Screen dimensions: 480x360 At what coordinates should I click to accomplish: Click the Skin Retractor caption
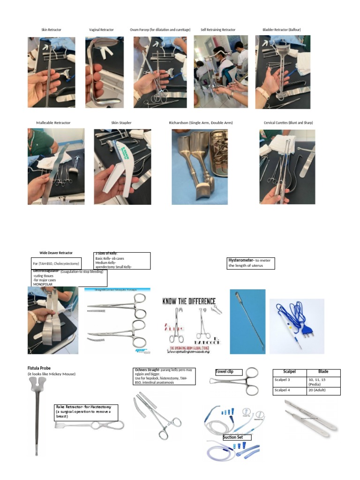(51, 30)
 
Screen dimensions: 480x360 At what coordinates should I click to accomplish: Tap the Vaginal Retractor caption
(101, 30)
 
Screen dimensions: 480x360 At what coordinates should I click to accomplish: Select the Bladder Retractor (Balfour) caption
(281, 30)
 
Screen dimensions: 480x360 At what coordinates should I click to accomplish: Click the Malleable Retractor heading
(53, 123)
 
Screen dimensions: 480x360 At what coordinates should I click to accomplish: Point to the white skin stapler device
(117, 169)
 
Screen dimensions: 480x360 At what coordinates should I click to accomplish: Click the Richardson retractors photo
(200, 166)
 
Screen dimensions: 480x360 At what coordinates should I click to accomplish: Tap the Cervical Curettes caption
(288, 123)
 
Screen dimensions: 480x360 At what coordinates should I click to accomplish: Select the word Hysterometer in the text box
(240, 260)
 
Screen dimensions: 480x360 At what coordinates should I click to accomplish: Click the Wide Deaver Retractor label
(56, 253)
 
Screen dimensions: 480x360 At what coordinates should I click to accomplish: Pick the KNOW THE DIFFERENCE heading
(189, 301)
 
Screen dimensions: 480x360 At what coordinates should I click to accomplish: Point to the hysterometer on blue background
(247, 321)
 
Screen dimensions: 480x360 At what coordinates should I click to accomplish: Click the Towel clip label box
(229, 372)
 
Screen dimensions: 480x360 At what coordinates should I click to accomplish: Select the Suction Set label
(237, 437)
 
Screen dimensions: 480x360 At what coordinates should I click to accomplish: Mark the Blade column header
(323, 372)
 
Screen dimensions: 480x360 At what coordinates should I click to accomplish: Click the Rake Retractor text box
(86, 412)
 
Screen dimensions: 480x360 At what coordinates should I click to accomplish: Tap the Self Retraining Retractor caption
(218, 30)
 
